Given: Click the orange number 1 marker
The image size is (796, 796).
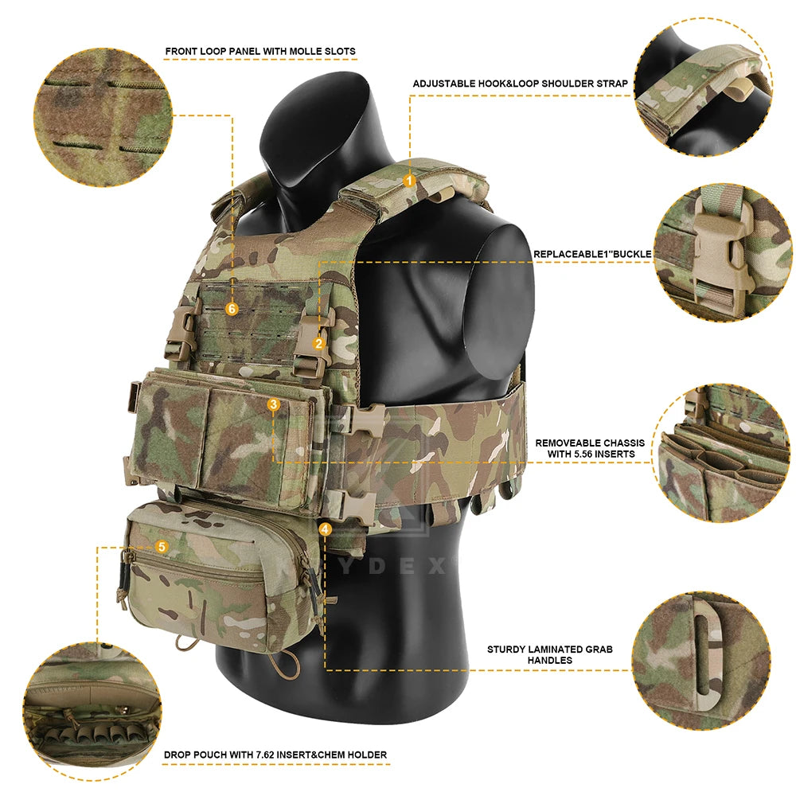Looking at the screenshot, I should point(409,181).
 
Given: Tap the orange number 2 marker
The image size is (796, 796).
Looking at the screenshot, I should point(318,343).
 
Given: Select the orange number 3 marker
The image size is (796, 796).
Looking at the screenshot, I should point(274,404).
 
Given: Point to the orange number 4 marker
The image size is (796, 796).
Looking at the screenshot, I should point(325,528).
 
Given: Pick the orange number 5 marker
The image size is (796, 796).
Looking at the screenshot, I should point(162,547).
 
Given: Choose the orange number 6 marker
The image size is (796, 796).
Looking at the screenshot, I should point(232,308).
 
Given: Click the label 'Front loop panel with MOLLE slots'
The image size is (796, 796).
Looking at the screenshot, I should point(260,52).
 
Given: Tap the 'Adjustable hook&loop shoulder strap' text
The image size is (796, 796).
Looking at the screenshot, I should point(520,84).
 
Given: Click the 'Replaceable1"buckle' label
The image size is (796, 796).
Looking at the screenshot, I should point(592,255).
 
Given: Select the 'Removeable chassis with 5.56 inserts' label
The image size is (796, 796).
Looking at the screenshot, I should point(590,448).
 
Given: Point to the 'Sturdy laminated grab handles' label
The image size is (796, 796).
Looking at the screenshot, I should point(550,654).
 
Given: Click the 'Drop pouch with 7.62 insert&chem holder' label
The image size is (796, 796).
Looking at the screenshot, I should point(275,754).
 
